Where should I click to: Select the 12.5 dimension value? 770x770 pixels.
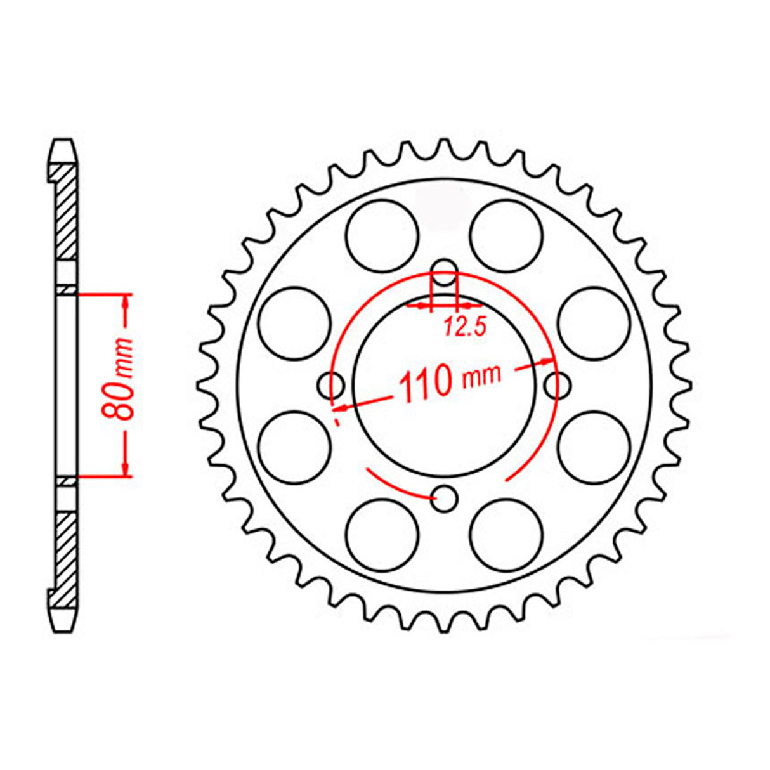(x=464, y=327)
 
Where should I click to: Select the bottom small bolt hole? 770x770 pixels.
(x=446, y=498)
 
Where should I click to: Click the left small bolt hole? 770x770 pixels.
(x=330, y=384)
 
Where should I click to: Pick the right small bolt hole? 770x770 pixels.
(x=558, y=384)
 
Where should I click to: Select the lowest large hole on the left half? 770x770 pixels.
(x=382, y=535)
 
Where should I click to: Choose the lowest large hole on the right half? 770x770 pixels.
(x=507, y=535)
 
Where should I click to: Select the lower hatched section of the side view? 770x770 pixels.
(x=66, y=552)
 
